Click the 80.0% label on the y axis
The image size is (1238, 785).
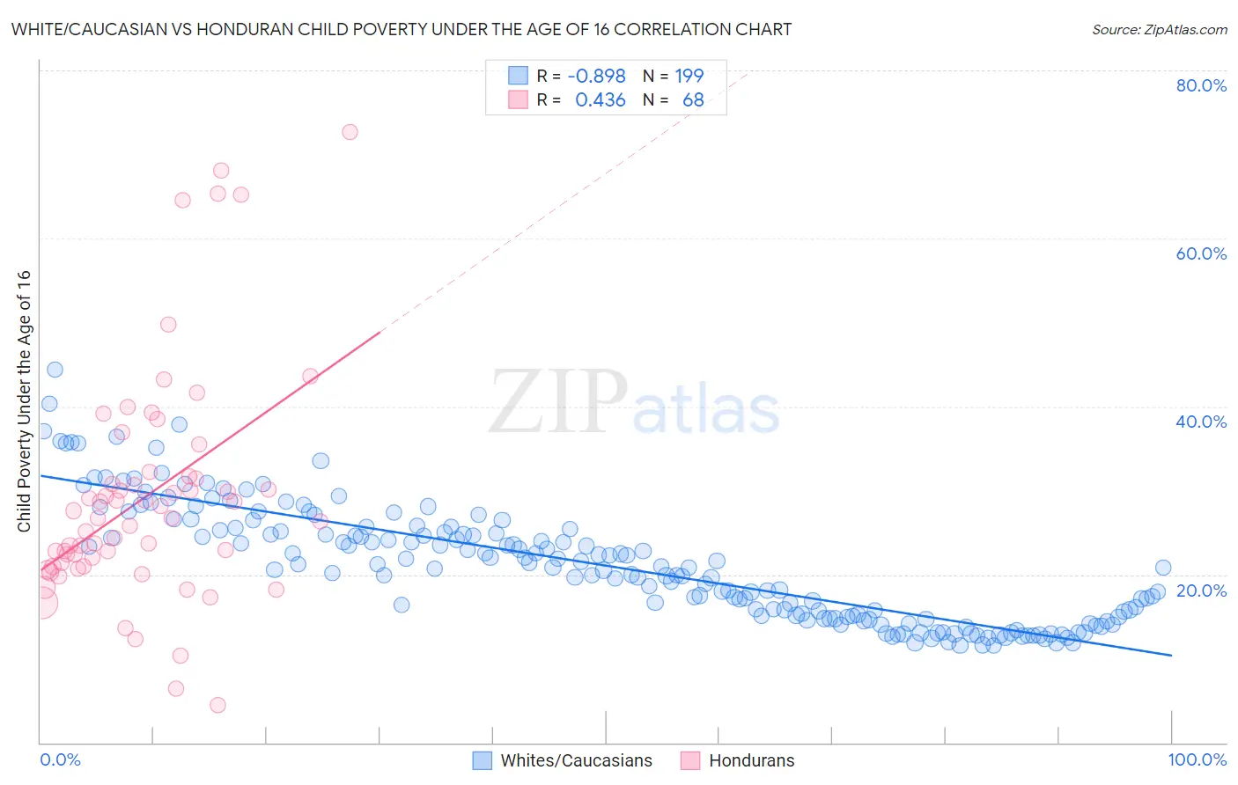point(1201,85)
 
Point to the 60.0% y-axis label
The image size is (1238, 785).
point(1201,253)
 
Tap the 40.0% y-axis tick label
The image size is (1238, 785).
point(1201,422)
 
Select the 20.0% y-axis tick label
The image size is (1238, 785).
point(1201,591)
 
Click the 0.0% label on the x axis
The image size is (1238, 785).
point(60,759)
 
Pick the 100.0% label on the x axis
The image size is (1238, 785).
point(1197,759)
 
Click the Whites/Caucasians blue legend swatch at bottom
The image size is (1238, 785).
point(482,760)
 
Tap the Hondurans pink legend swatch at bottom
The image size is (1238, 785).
point(690,760)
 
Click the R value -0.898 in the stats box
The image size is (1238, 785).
point(596,76)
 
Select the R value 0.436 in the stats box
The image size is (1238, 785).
point(600,100)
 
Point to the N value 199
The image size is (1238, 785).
point(689,76)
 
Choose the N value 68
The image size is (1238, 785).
point(693,100)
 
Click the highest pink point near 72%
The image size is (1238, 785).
point(350,132)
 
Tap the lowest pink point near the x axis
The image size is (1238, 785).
point(217,705)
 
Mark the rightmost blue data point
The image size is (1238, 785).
point(1163,568)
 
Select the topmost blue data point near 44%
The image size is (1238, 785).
point(55,370)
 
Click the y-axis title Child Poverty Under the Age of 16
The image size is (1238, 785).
point(25,400)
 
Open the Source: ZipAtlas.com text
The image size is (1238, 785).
point(1159,30)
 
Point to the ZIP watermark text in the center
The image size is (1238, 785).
point(558,402)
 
